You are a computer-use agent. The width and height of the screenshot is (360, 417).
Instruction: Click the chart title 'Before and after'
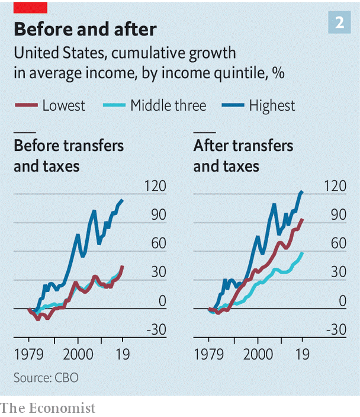point(85,29)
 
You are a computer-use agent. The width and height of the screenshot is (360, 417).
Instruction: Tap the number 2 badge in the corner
point(339,23)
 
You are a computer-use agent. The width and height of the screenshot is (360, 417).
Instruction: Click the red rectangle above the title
point(30,8)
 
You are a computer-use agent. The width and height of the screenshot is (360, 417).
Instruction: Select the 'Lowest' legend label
point(64,105)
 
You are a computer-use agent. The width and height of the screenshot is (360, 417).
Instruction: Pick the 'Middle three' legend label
point(168,105)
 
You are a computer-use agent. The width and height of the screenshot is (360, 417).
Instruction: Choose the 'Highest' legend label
point(272,105)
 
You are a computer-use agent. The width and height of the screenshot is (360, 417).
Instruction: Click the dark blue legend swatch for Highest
point(233,105)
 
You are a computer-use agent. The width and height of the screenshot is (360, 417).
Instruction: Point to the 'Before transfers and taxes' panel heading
point(69,156)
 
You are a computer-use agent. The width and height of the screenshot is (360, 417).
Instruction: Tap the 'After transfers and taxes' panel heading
point(243,156)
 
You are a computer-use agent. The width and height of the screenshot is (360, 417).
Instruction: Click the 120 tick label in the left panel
point(155,186)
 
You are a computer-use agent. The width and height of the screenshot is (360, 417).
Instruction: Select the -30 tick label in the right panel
point(336,329)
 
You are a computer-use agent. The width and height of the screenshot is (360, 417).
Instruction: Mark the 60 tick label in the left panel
point(159,243)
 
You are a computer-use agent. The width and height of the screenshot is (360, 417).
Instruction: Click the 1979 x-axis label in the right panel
point(208,354)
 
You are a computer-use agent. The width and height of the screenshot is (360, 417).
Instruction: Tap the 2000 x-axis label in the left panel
point(78,354)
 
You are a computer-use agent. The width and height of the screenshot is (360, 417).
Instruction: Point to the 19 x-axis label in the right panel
point(303,354)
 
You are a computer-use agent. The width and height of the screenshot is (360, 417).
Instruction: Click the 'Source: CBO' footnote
point(46,378)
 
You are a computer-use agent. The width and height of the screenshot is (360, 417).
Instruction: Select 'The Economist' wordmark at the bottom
point(47,408)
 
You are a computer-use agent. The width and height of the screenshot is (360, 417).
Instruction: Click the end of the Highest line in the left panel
point(123,200)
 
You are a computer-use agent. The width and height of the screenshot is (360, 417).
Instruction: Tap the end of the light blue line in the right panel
point(303,252)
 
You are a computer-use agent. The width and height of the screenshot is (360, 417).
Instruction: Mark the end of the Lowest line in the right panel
point(303,219)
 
